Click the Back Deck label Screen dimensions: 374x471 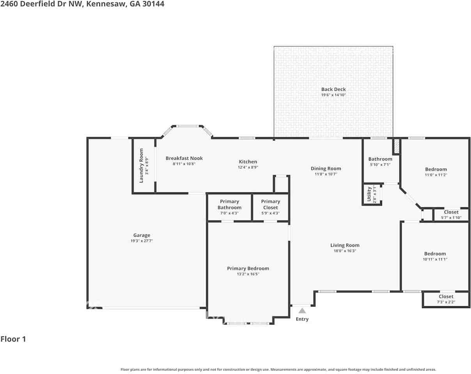coord(333,89)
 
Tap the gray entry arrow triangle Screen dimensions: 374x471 coord(302,310)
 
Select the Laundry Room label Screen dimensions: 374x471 coord(141,166)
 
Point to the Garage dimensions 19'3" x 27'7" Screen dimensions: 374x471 coord(142,241)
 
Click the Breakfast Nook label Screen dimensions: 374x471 coord(184,158)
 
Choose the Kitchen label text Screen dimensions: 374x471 coord(248,162)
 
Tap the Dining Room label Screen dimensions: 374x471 coord(326,169)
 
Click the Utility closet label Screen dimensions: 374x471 coord(369,194)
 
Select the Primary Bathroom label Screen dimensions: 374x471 coord(229,204)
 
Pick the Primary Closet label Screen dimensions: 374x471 coord(271,204)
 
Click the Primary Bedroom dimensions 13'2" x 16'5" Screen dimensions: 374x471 coord(248,274)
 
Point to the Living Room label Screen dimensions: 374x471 coord(345,245)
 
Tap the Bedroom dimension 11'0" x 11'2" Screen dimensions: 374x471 coord(436,175)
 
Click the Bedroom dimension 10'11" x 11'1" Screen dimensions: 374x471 coord(435,259)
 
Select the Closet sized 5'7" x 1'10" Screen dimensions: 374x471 coord(451,215)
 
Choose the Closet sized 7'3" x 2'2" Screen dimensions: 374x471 coord(446,299)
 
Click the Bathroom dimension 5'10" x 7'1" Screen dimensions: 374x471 coord(380,165)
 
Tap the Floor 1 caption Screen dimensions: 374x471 coord(13,339)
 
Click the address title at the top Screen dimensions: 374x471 coord(82,4)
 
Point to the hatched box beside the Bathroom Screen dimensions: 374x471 coord(396,146)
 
